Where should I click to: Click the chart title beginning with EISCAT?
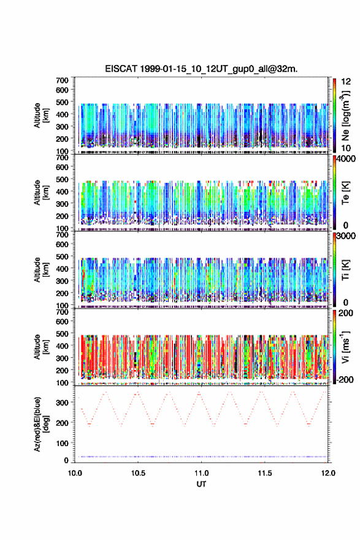coord(201,69)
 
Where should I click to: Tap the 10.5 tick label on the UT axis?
coord(138,473)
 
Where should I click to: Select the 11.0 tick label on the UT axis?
coord(201,473)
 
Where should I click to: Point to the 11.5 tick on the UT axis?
coord(265,473)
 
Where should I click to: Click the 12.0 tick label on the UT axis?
coord(328,473)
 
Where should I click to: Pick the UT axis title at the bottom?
coord(201,484)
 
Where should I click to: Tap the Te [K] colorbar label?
coord(345,193)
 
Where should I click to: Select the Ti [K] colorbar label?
coord(345,269)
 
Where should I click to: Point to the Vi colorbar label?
coord(345,347)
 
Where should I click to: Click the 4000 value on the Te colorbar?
coord(347,159)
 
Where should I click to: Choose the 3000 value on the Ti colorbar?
coord(347,236)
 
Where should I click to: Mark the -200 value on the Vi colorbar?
coord(345,379)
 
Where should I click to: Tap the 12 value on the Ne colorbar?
coord(346,82)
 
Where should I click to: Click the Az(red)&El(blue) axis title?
coord(41,424)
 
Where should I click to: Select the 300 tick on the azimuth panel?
coord(63,403)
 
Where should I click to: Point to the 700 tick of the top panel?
coord(63,80)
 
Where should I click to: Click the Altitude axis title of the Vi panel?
coord(41,347)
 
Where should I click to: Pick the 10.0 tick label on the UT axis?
coord(75,473)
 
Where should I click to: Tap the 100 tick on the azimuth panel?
coord(63,443)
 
